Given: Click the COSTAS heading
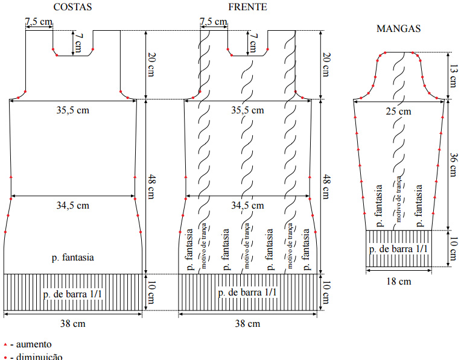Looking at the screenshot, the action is click(x=72, y=7).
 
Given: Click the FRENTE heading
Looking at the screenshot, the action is click(x=248, y=7).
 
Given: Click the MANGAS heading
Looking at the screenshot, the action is click(x=398, y=28).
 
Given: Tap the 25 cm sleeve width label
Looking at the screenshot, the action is click(x=398, y=111).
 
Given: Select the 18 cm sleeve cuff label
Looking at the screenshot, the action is click(x=398, y=281).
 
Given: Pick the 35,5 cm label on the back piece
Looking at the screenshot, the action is click(x=72, y=111).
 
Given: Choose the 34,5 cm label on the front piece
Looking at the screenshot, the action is click(x=248, y=206).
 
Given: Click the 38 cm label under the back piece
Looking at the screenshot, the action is click(x=72, y=324).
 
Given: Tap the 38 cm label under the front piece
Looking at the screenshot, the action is click(x=248, y=324).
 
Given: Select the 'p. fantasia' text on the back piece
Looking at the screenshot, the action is click(x=72, y=257).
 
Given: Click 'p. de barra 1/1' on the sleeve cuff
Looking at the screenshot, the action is click(x=399, y=249).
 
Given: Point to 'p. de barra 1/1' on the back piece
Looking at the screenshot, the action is click(x=72, y=293).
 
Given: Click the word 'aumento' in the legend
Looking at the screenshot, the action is click(x=36, y=344).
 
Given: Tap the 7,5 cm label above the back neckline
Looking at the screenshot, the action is click(x=38, y=22).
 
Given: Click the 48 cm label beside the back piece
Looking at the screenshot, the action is click(x=151, y=187).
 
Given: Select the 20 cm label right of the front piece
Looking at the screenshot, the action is click(x=326, y=65).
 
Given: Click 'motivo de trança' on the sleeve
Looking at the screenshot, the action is click(x=399, y=203).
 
